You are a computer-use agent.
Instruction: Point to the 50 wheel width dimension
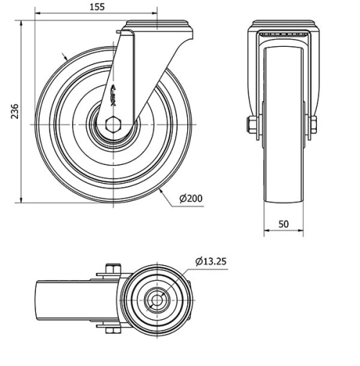pos(284,224)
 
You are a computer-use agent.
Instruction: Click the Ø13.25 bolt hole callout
pos(211,261)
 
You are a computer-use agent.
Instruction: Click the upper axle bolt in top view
pos(110,271)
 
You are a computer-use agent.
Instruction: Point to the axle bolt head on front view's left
pos(251,126)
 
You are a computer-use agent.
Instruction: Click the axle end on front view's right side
pos(314,126)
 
